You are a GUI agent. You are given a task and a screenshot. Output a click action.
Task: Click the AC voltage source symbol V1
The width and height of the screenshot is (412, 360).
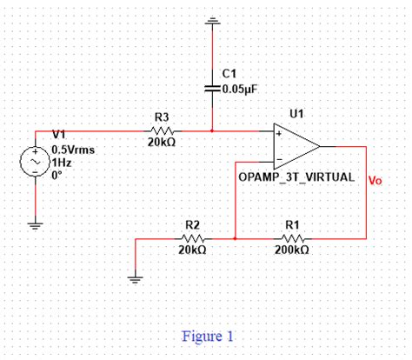click(x=36, y=162)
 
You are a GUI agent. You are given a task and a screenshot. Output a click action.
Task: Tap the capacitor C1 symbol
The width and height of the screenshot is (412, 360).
click(x=212, y=88)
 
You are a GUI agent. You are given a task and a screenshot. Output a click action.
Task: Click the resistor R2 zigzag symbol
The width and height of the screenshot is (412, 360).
click(x=192, y=237)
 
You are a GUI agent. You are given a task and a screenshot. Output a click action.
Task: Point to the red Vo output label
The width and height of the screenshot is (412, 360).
click(x=375, y=182)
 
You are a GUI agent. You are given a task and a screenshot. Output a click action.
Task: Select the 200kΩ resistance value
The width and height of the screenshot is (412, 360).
click(x=291, y=250)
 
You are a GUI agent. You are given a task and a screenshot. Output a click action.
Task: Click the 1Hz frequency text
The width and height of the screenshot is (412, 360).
click(x=60, y=162)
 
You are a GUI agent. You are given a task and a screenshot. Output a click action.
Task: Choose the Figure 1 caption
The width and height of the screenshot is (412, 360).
click(x=208, y=336)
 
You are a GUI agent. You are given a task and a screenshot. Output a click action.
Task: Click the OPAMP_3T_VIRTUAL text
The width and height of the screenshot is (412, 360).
click(x=296, y=177)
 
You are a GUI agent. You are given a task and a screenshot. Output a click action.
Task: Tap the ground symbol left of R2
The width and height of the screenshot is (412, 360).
click(x=135, y=277)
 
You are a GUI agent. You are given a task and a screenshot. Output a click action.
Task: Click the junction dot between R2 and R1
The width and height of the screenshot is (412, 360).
click(x=236, y=237)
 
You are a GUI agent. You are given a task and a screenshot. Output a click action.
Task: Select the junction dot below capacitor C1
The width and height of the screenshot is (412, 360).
click(x=212, y=130)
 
